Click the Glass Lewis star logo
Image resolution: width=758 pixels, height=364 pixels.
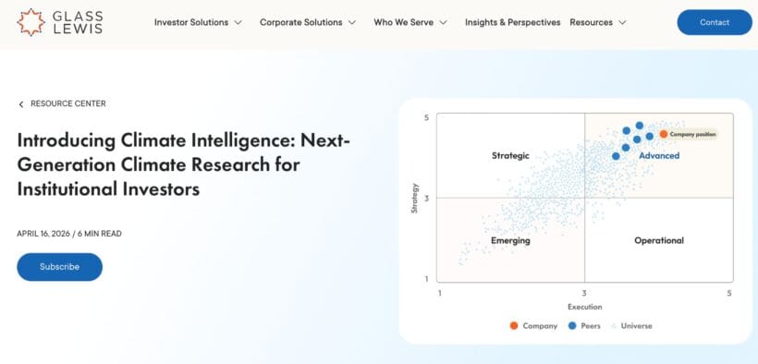(31, 21)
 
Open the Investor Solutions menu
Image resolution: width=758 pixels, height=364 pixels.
(198, 22)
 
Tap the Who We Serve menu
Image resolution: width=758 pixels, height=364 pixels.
(410, 22)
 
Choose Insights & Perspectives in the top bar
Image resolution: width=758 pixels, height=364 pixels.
(512, 22)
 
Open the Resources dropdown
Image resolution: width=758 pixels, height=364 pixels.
(597, 22)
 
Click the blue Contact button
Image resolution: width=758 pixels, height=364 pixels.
(715, 22)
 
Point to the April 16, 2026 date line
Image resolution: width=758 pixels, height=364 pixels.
(69, 234)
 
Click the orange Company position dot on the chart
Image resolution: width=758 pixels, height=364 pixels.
(664, 134)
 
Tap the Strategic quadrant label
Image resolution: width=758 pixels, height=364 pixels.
(510, 156)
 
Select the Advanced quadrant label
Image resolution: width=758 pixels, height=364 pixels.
(659, 156)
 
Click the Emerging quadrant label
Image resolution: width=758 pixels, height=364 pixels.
(510, 240)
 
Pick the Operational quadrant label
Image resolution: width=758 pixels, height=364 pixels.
(659, 240)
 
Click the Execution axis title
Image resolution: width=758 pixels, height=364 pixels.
(584, 307)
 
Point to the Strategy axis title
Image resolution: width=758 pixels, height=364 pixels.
(415, 198)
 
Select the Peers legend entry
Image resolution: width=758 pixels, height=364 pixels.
(584, 326)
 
